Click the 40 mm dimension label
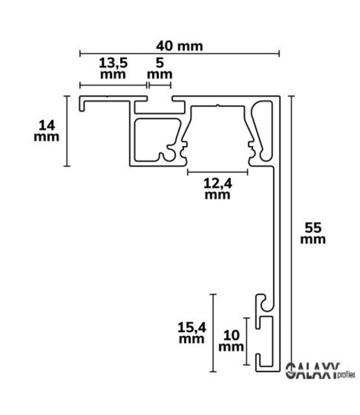tap(179, 46)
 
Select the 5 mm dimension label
tap(158, 68)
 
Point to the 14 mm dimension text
tap(46, 130)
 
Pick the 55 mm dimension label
tap(313, 233)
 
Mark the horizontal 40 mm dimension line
tap(179, 53)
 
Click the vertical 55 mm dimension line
tap(293, 233)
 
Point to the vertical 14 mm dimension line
tap(67, 130)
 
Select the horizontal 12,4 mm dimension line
tap(217, 172)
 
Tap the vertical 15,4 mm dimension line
tap(212, 333)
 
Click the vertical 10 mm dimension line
tap(246, 342)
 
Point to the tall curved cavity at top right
tap(263, 130)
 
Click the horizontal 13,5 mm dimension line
tap(112, 85)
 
